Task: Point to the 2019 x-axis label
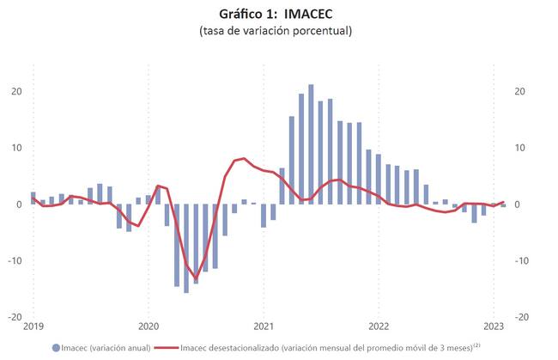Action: pyautogui.click(x=33, y=326)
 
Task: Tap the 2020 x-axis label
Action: pyautogui.click(x=148, y=326)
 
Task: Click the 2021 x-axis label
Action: pyautogui.click(x=264, y=326)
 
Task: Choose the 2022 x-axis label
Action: pyautogui.click(x=379, y=326)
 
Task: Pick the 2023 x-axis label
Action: pyautogui.click(x=493, y=326)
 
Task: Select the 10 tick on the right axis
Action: pyautogui.click(x=519, y=148)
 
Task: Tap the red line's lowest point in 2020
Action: pyautogui.click(x=196, y=278)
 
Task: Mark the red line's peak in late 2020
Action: pyautogui.click(x=244, y=158)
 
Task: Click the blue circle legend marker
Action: pyautogui.click(x=56, y=348)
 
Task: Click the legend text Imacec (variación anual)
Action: pyautogui.click(x=106, y=348)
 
